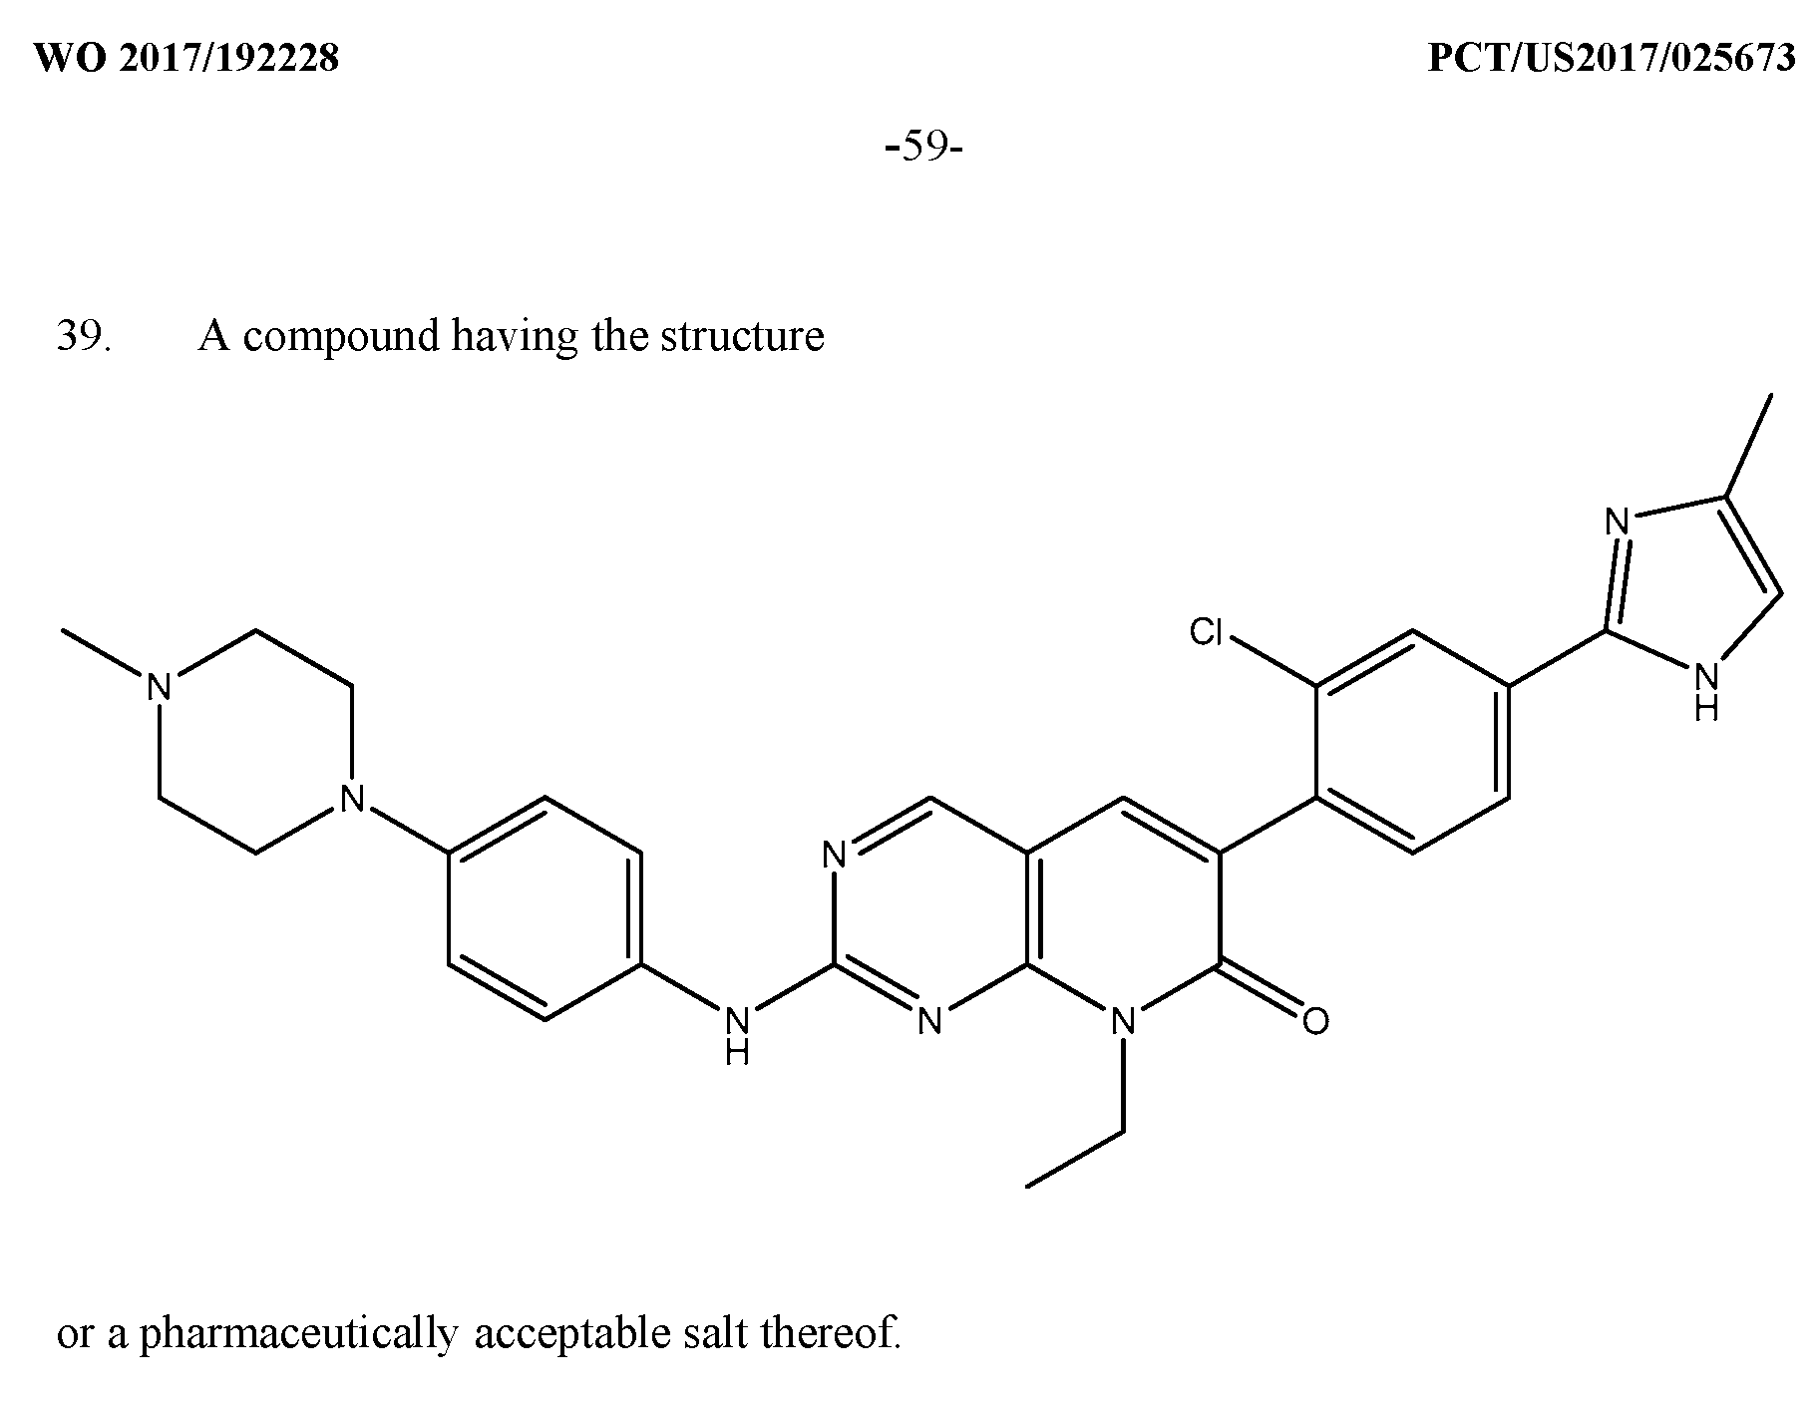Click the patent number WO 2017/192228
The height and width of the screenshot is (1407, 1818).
(x=187, y=59)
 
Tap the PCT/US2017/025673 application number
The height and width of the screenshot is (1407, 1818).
(x=1612, y=59)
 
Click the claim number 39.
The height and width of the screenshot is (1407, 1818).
(x=84, y=336)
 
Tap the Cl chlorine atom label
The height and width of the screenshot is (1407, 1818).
(x=1206, y=631)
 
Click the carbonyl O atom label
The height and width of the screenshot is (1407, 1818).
(x=1315, y=1020)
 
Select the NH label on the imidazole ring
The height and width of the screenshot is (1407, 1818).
(x=1707, y=692)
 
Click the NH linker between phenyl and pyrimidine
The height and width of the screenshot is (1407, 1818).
(x=737, y=1035)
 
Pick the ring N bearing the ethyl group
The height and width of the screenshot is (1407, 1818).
(x=1123, y=1020)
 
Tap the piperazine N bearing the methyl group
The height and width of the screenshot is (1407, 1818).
(x=159, y=687)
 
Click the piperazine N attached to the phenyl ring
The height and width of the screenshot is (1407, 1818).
(x=350, y=798)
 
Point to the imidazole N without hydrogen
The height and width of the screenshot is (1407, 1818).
(x=1616, y=522)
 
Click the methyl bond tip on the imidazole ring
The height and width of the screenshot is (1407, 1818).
(x=1771, y=395)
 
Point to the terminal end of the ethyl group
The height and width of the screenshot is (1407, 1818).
(x=1027, y=1187)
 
